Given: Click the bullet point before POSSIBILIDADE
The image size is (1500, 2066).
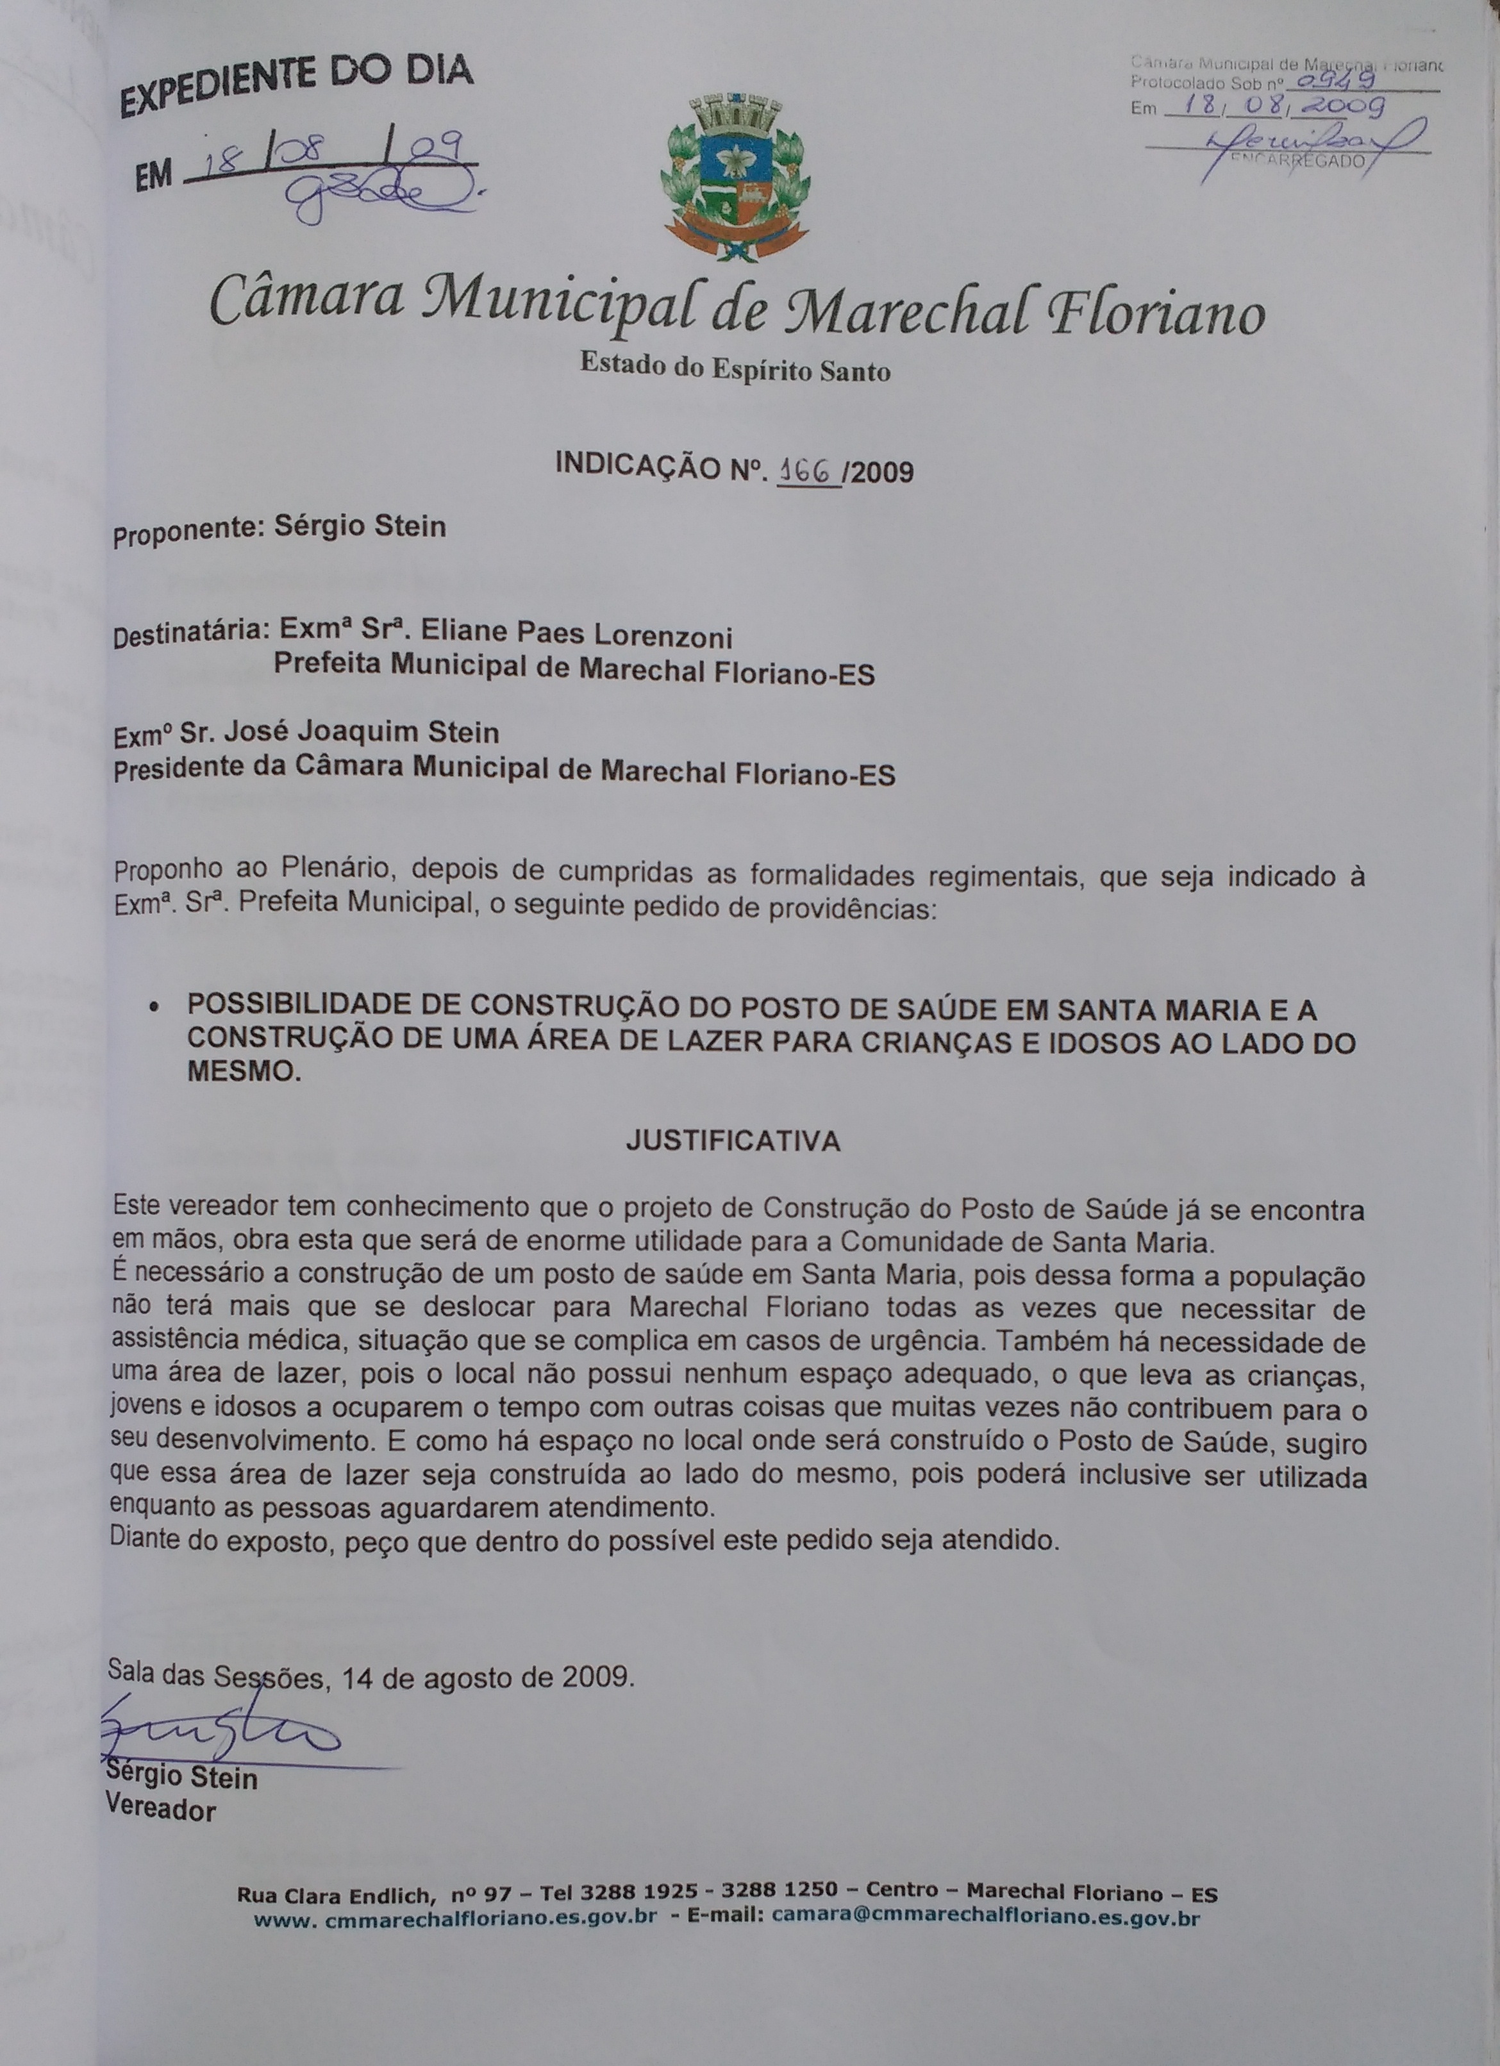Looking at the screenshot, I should (x=156, y=1010).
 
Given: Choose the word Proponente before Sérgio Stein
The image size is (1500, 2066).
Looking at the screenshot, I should (x=187, y=535).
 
